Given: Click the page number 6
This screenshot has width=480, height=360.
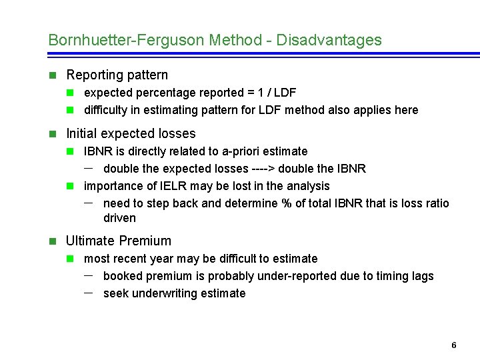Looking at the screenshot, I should coord(454,345).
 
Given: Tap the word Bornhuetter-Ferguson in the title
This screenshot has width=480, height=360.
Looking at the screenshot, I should coord(126,40).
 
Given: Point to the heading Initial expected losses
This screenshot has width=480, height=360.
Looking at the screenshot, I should coord(131,133).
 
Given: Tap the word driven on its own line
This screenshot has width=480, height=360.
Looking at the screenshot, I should coord(119,218).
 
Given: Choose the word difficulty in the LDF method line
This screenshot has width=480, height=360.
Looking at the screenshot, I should coord(105,110).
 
